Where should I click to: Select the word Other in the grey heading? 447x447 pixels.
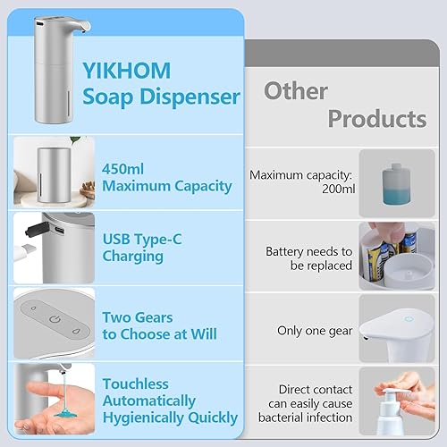[x=297, y=90]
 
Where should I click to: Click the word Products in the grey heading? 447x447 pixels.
[x=376, y=118]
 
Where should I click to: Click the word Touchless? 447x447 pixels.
[x=136, y=384]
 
